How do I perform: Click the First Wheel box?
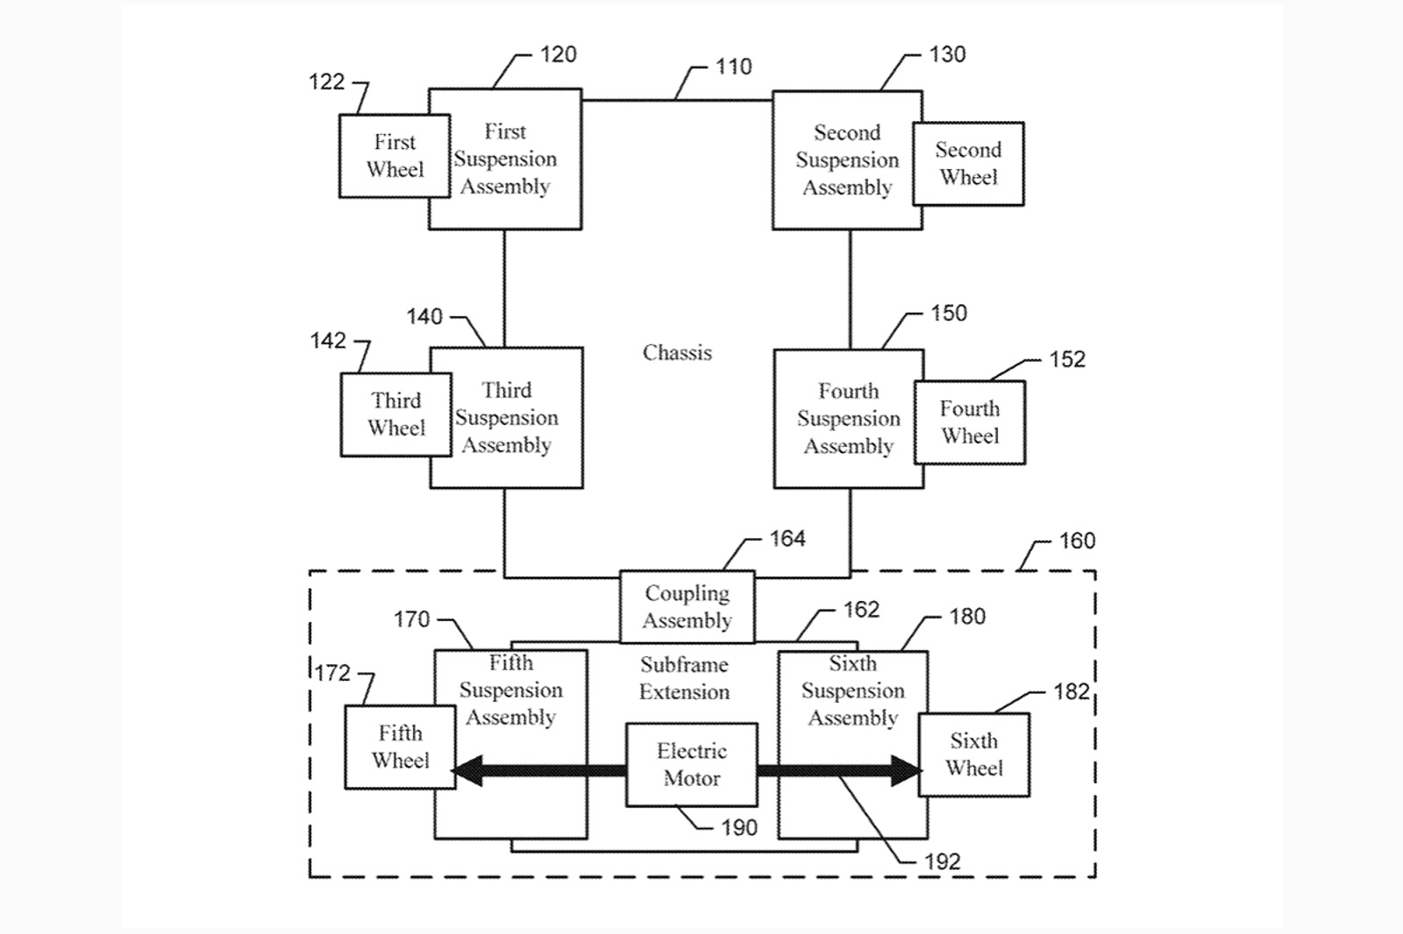point(395,156)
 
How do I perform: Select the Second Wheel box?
point(968,164)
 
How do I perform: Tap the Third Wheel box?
point(396,414)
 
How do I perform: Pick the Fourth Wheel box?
point(970,422)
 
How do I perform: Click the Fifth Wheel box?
point(400,746)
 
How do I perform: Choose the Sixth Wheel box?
point(973,754)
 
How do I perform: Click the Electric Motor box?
point(691,764)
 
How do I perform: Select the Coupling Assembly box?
point(687,606)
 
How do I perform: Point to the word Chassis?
point(677,353)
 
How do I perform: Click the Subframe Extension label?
point(684,678)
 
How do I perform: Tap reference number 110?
point(733,67)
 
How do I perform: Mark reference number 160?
point(1077,541)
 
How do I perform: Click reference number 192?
point(943,862)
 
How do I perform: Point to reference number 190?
point(738,828)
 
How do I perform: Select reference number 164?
point(787,539)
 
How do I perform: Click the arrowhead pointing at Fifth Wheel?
point(467,771)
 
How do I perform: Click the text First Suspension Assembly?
point(505,159)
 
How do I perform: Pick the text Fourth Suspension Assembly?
point(848,419)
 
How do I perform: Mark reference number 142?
point(328,341)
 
